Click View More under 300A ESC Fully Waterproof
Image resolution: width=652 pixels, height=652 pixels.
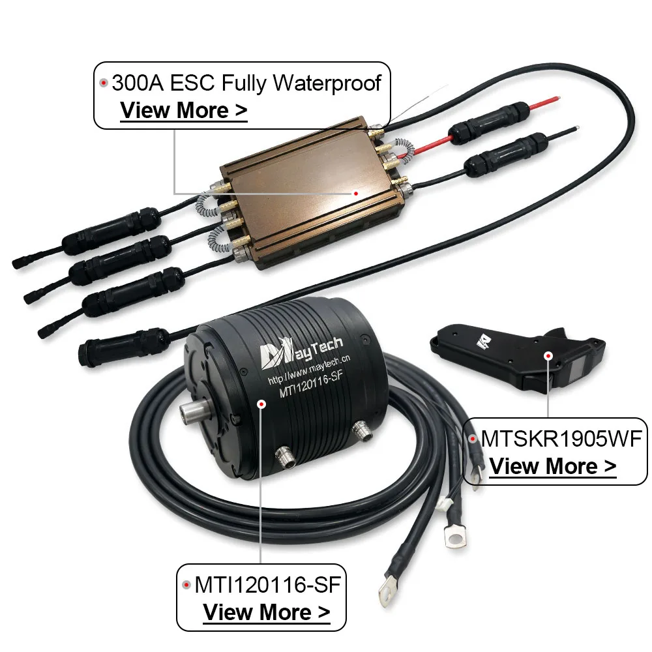(x=184, y=110)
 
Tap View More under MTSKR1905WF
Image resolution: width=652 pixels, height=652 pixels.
(x=553, y=466)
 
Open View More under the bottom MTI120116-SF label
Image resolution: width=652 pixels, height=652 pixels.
(x=266, y=612)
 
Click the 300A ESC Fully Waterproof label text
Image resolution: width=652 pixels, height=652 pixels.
(x=246, y=83)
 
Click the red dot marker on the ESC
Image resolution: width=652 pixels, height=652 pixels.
(x=356, y=193)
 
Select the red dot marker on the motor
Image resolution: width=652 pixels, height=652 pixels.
(x=261, y=404)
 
